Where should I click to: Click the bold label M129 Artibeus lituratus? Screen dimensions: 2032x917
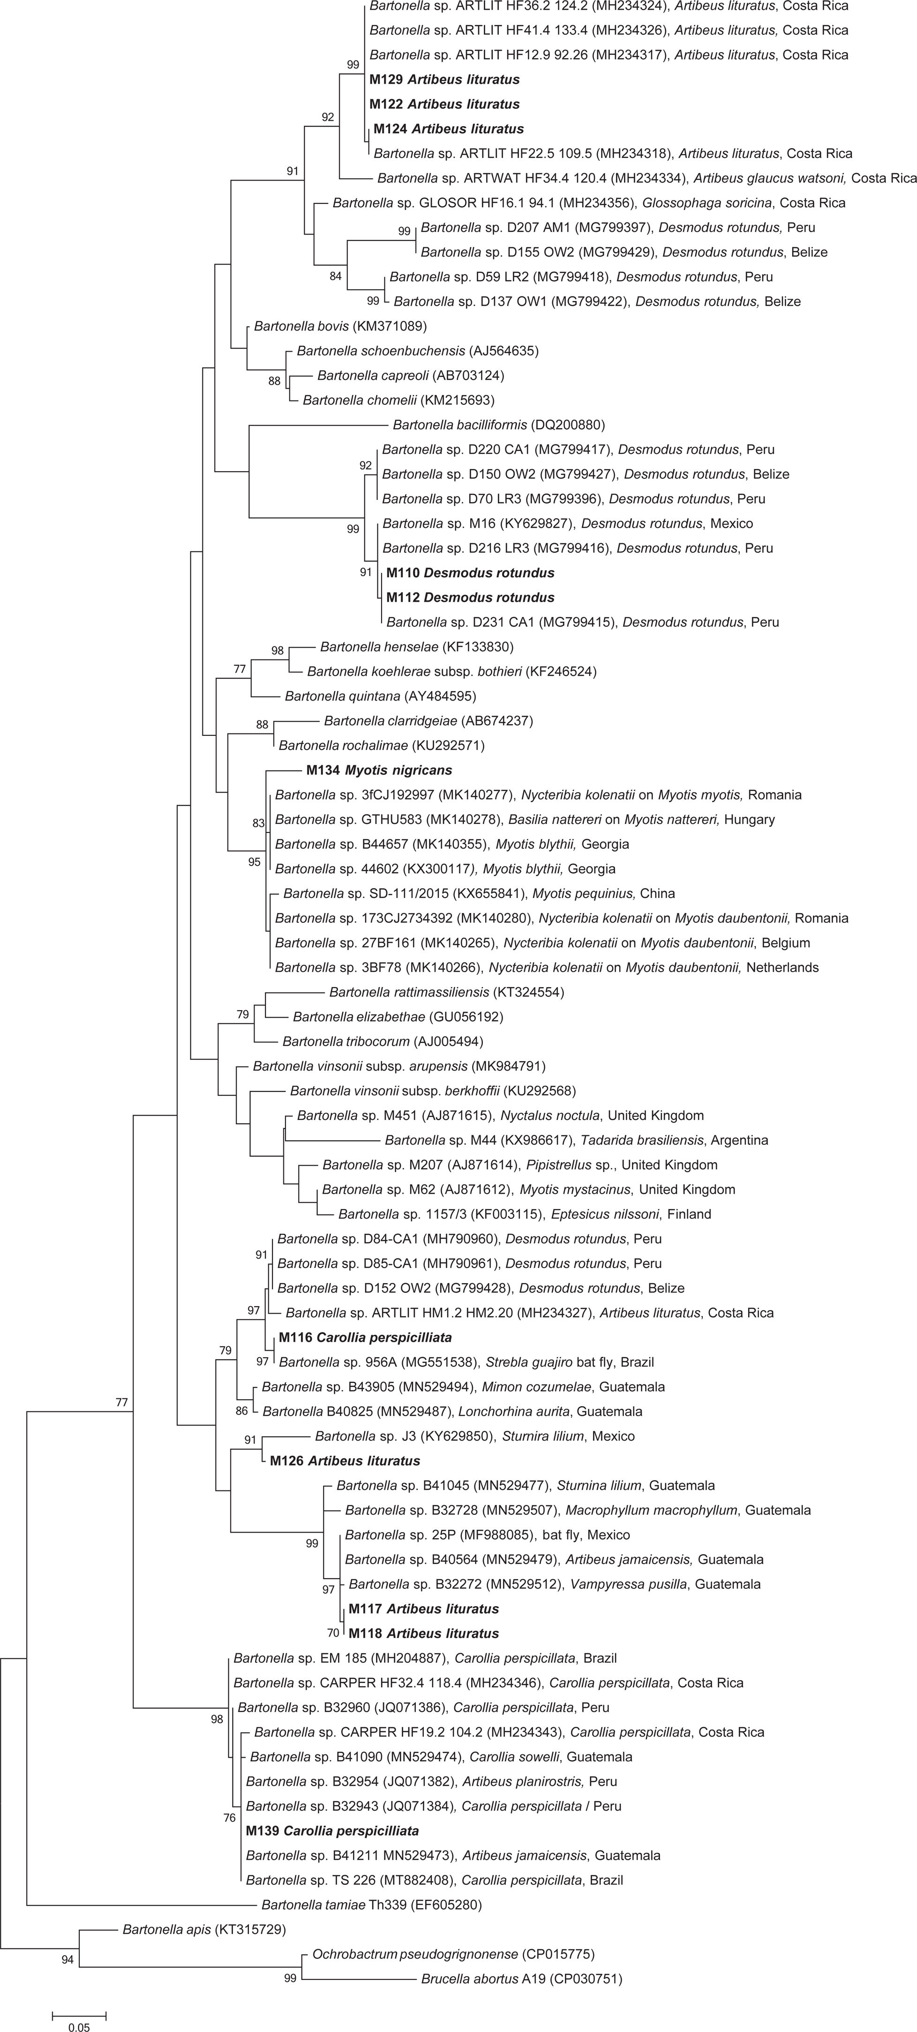click(x=445, y=80)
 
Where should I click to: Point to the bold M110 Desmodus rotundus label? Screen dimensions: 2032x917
click(x=470, y=573)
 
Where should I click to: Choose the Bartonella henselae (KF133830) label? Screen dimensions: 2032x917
click(x=416, y=647)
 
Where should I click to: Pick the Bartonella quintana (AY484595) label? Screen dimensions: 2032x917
click(x=380, y=696)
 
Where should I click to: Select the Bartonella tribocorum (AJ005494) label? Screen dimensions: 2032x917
click(x=383, y=1041)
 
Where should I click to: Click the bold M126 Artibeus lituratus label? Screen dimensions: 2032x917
click(x=345, y=1461)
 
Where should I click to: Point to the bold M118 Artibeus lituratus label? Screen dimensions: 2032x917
click(x=423, y=1634)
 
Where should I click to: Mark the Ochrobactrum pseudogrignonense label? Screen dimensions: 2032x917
click(x=453, y=1955)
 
